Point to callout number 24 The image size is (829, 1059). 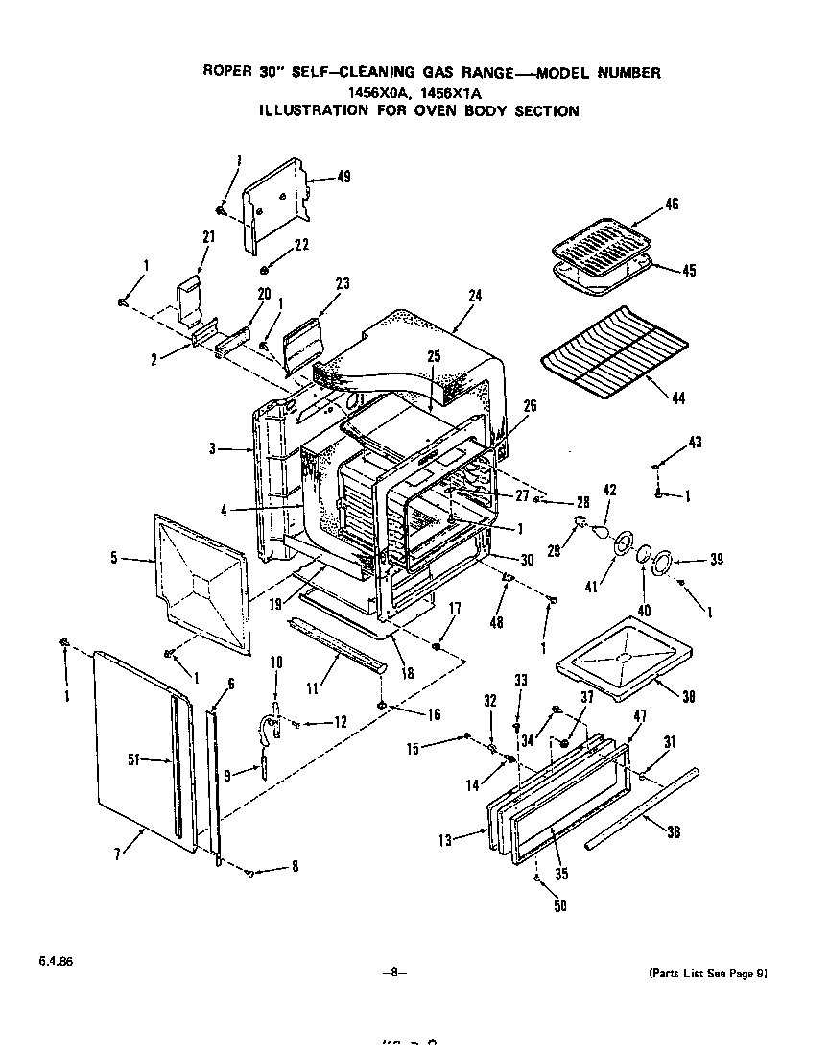pyautogui.click(x=474, y=297)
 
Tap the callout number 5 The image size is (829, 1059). pyautogui.click(x=114, y=557)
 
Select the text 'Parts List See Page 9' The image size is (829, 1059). pyautogui.click(x=707, y=973)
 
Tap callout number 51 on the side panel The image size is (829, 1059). pyautogui.click(x=134, y=759)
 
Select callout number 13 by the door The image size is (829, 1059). pyautogui.click(x=444, y=840)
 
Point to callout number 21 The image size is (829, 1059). pyautogui.click(x=207, y=236)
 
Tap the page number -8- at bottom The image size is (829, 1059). pyautogui.click(x=393, y=973)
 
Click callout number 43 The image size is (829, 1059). pyautogui.click(x=695, y=442)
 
